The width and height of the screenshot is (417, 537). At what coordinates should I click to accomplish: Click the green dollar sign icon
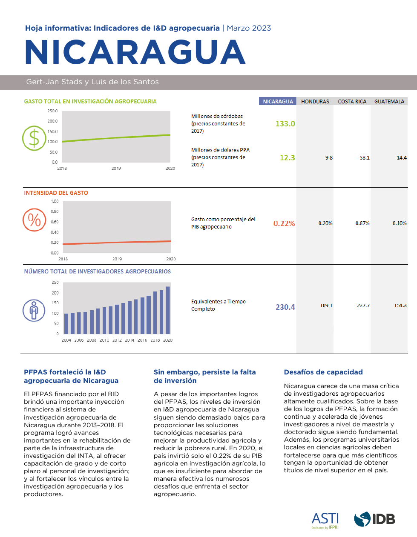coord(34,138)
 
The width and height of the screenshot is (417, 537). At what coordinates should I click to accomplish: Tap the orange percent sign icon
coord(34,220)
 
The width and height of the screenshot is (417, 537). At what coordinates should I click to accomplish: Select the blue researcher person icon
coord(34,310)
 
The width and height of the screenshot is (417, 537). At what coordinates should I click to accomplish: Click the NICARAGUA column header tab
coord(278,102)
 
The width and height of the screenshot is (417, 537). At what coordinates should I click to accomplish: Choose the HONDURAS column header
coord(315,102)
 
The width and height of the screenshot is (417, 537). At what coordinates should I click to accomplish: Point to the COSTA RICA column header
coord(352,102)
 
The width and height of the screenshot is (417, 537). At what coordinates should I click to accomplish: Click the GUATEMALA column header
coord(389,102)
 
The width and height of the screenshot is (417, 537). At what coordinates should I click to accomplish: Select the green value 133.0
coord(285,124)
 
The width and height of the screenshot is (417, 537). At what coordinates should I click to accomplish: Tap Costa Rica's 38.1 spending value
coord(365,158)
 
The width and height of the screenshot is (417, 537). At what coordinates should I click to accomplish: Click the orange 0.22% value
coord(284,223)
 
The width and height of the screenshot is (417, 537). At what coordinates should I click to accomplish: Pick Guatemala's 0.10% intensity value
coord(399,223)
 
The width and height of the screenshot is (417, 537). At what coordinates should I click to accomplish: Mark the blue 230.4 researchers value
coord(285,307)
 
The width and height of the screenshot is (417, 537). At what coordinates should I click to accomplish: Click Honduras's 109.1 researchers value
coord(326,306)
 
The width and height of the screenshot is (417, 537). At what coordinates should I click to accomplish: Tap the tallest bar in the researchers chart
coord(168,310)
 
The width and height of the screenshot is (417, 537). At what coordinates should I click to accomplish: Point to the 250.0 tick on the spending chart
coord(52,111)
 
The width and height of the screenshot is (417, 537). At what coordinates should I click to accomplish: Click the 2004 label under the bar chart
coord(66,340)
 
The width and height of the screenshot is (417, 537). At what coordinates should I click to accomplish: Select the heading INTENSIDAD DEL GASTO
coord(56,193)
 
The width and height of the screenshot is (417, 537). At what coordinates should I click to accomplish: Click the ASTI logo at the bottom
coord(325,520)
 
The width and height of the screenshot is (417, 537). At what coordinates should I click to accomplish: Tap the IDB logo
coord(374,519)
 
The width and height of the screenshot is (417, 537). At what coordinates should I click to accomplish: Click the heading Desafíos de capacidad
coord(323,372)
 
